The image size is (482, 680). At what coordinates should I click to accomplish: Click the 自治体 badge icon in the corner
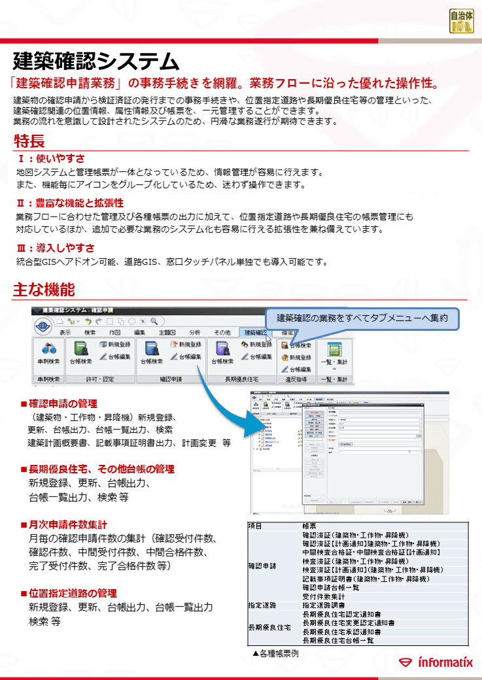pos(461,21)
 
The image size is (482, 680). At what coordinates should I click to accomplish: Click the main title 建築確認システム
pos(95,61)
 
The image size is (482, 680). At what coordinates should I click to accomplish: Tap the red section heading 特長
pos(29,141)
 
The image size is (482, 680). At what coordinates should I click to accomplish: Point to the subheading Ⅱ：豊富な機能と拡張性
pos(70,203)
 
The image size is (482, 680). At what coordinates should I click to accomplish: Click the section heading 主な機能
pos(44,290)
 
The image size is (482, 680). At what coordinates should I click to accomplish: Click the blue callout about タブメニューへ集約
pos(362,318)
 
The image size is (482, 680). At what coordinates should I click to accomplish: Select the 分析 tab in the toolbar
pos(194,332)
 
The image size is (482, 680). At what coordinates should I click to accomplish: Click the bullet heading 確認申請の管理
pos(63,403)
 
